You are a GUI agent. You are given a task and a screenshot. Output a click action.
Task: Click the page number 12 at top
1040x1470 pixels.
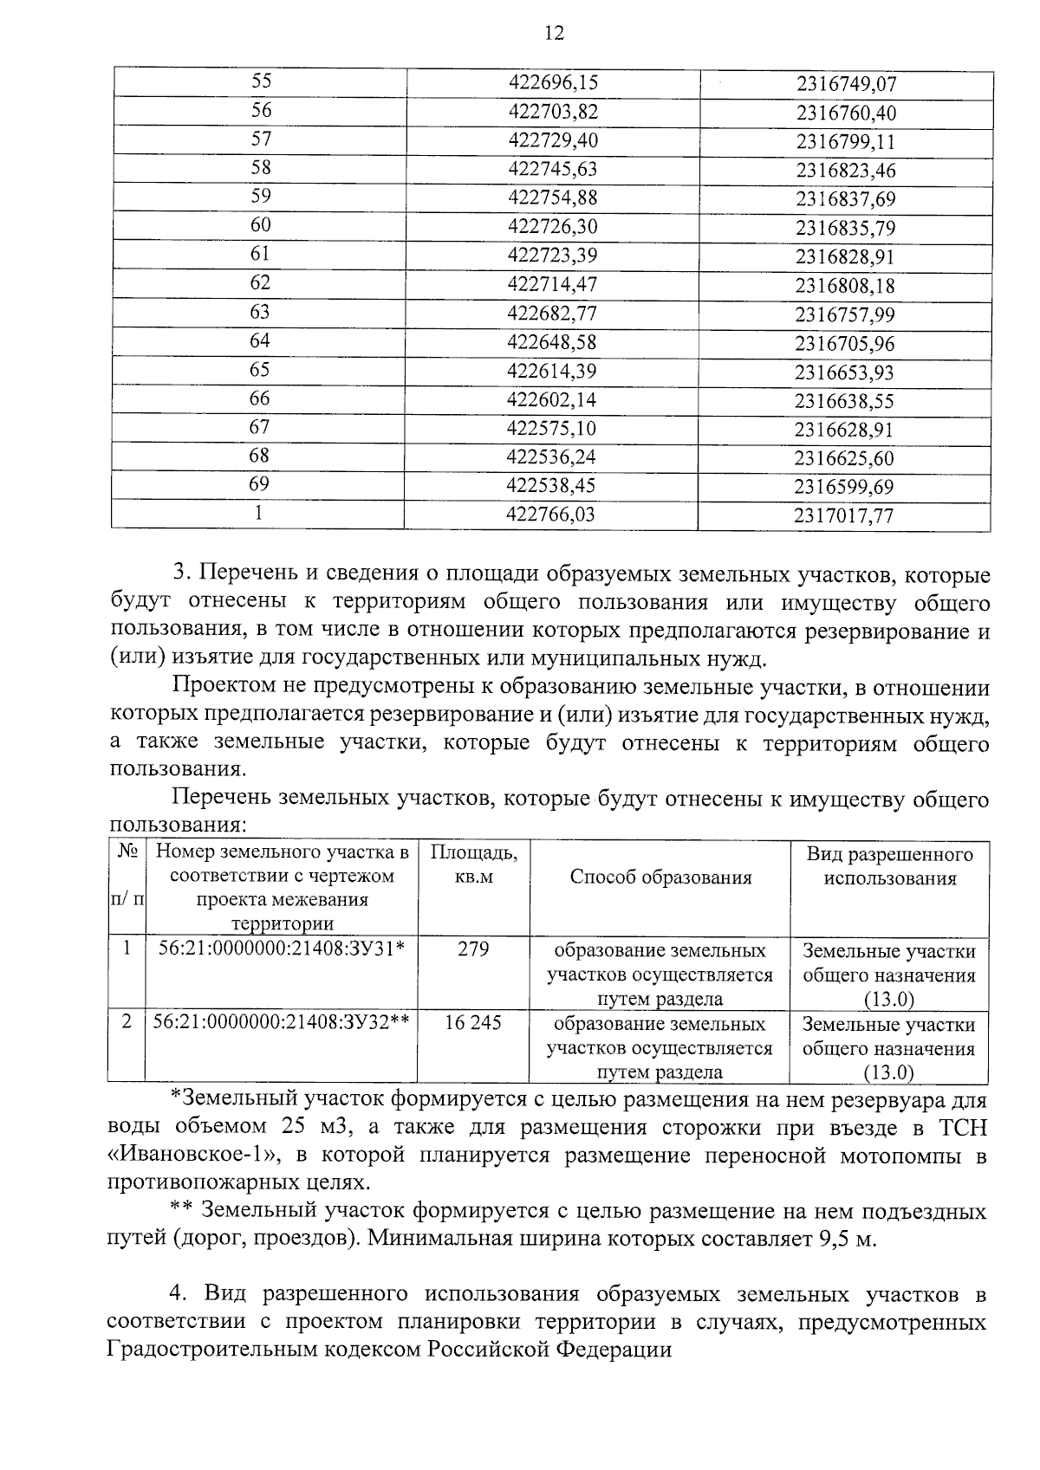click(x=554, y=33)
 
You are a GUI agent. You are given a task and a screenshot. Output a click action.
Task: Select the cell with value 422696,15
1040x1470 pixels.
click(x=552, y=83)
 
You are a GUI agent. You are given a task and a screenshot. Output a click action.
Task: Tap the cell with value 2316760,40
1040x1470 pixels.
click(x=846, y=113)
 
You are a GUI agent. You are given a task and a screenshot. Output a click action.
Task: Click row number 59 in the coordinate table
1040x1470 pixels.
click(x=260, y=197)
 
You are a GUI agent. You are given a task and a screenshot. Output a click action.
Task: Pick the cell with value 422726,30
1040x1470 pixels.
click(x=552, y=227)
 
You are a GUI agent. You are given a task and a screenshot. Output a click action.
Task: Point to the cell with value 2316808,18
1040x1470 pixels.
click(x=846, y=286)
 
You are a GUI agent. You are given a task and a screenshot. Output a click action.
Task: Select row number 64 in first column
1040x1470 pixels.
click(x=260, y=341)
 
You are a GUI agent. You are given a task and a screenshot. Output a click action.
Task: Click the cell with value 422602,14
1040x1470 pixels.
click(x=552, y=400)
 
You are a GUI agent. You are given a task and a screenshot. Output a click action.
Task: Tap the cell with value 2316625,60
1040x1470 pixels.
click(x=846, y=458)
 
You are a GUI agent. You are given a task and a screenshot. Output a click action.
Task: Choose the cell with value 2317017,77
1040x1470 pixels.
click(x=844, y=516)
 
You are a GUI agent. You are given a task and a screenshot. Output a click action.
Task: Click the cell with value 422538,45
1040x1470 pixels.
click(x=552, y=486)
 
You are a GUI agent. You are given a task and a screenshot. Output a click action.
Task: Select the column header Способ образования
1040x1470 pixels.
click(x=660, y=877)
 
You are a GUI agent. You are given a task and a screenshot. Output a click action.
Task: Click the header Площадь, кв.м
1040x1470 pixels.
click(x=473, y=865)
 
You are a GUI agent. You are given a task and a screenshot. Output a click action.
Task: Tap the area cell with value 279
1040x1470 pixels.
click(x=473, y=949)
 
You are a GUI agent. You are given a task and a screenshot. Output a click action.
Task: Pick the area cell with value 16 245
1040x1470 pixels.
click(x=473, y=1023)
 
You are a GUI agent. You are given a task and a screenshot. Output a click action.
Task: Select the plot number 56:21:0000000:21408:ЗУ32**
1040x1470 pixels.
click(x=281, y=1022)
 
